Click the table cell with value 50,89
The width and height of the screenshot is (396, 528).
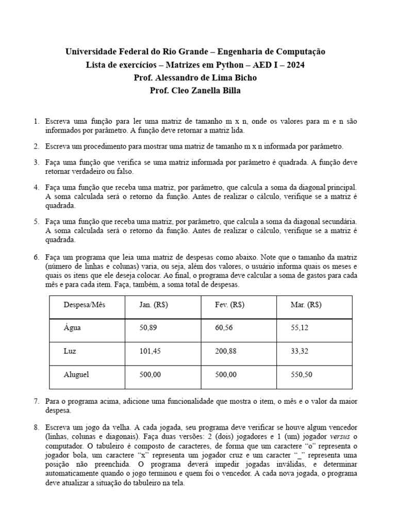[x=148, y=327]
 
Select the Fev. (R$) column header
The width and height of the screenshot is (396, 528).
[x=229, y=304]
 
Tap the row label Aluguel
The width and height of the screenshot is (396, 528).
[x=76, y=374]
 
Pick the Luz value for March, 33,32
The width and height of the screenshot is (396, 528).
[x=300, y=351]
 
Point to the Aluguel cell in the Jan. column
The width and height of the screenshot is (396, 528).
[x=151, y=374]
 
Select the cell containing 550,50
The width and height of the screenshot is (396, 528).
[x=302, y=374]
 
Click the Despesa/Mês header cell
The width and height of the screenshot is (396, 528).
[x=80, y=304]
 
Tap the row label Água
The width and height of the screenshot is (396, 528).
[x=72, y=327]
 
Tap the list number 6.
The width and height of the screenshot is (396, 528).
[x=36, y=257]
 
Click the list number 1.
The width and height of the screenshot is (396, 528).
[x=36, y=121]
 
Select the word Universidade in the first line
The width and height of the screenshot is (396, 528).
[x=92, y=52]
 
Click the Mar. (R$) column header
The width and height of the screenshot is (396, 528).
[x=306, y=304]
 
